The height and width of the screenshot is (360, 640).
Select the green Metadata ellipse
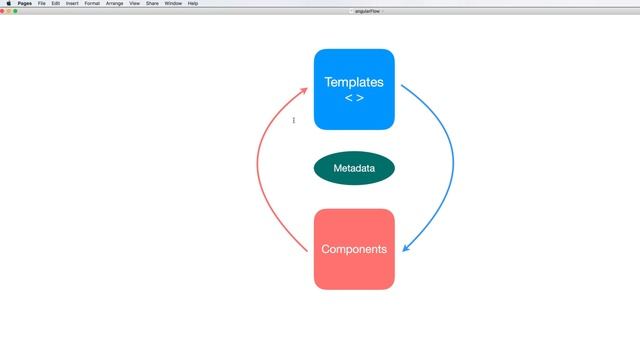click(x=354, y=169)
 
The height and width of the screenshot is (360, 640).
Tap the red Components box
click(x=354, y=249)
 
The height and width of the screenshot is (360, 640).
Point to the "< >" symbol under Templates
click(x=354, y=98)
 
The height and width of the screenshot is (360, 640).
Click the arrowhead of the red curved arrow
click(x=305, y=90)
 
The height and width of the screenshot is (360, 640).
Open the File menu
click(x=42, y=3)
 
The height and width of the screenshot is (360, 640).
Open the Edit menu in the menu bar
click(x=56, y=3)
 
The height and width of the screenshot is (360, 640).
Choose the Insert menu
click(x=72, y=3)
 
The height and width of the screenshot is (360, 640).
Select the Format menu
click(x=92, y=3)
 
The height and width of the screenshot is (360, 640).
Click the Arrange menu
click(x=114, y=3)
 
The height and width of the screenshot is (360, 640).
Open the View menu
click(x=134, y=3)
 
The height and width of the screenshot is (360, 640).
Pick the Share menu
click(x=152, y=3)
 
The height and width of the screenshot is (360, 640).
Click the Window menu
click(x=173, y=3)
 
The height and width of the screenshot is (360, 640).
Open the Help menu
click(x=193, y=3)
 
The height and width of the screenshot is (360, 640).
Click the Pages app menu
click(x=25, y=3)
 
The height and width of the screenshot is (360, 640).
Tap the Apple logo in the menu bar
click(x=8, y=3)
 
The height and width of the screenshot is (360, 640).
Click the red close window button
click(x=3, y=11)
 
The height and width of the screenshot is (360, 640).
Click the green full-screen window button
click(x=15, y=11)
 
